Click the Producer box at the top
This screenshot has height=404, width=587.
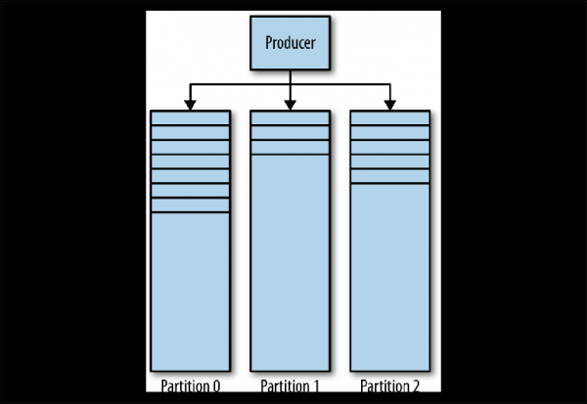pyautogui.click(x=291, y=44)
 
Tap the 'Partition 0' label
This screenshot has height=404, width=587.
pyautogui.click(x=190, y=385)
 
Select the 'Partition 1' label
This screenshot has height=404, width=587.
pyautogui.click(x=291, y=385)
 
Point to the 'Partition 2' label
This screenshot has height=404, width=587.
pyautogui.click(x=390, y=385)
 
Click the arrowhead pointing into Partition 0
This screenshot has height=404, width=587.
pyautogui.click(x=191, y=102)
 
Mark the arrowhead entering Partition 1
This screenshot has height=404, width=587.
pyautogui.click(x=291, y=102)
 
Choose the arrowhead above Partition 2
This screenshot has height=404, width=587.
pyautogui.click(x=390, y=102)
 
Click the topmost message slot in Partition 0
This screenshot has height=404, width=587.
pyautogui.click(x=191, y=117)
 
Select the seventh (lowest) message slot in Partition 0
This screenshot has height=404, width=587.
pyautogui.click(x=191, y=205)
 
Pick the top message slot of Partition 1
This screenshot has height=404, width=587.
pyautogui.click(x=291, y=117)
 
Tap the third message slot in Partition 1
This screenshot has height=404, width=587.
pyautogui.click(x=291, y=147)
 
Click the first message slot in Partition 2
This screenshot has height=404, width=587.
pyautogui.click(x=390, y=117)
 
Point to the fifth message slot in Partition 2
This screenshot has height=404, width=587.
pyautogui.click(x=390, y=176)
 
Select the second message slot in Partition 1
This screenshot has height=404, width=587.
pyautogui.click(x=291, y=132)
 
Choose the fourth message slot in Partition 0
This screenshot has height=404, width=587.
pyautogui.click(x=191, y=161)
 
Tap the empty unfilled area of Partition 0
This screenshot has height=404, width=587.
pyautogui.click(x=191, y=289)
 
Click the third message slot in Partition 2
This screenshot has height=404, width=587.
pyautogui.click(x=390, y=147)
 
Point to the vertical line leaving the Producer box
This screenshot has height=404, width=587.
pyautogui.click(x=291, y=77)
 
